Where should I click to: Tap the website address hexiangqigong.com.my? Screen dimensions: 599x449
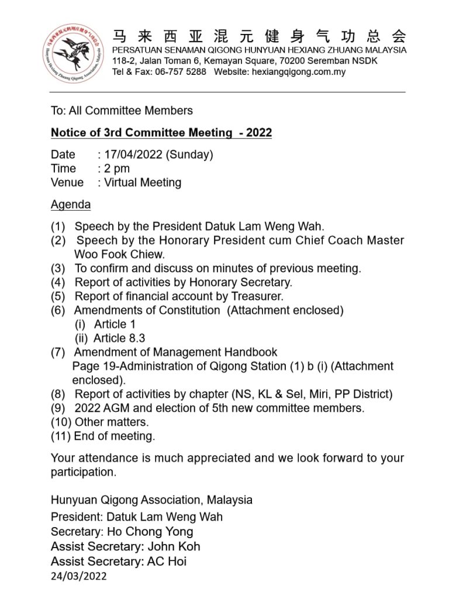click(298, 72)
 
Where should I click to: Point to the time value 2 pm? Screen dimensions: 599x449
click(117, 169)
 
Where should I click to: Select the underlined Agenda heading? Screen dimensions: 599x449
click(71, 205)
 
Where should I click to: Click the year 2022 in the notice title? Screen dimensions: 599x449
click(259, 133)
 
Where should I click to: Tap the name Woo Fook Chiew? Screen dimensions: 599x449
click(120, 254)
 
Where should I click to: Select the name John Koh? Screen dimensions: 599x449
click(174, 546)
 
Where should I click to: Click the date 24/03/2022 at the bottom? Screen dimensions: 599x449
click(79, 576)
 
